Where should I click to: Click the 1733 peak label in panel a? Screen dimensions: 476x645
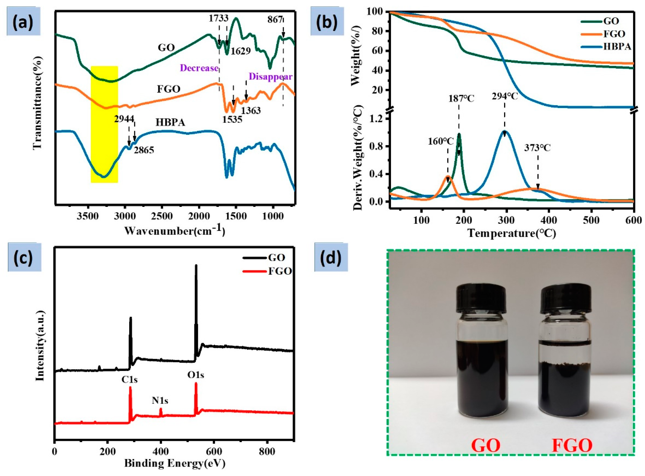tap(218, 18)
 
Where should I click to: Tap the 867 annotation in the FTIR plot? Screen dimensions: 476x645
tap(275, 20)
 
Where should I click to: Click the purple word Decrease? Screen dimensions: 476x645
tap(199, 68)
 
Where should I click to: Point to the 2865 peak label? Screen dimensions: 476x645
tap(143, 150)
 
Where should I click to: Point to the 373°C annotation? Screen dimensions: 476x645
tap(537, 148)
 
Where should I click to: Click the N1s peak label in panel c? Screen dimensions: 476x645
tap(160, 400)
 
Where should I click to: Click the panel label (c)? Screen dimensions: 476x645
tap(24, 258)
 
